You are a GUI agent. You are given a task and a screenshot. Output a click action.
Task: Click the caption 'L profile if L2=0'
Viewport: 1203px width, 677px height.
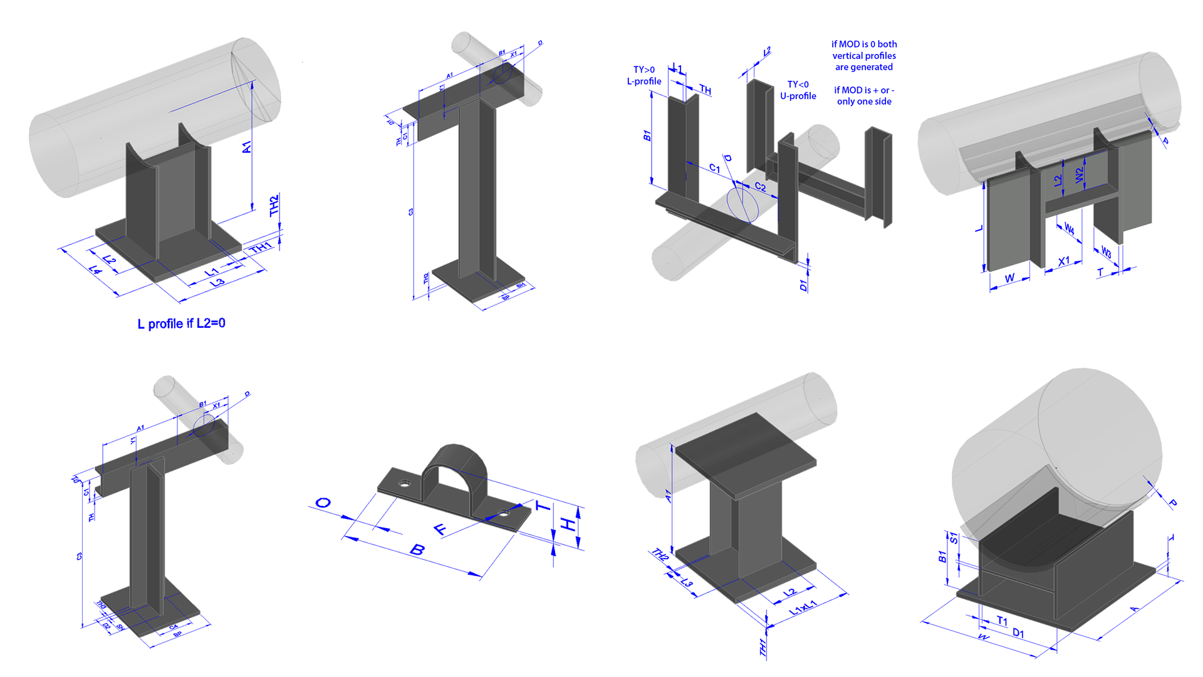181,323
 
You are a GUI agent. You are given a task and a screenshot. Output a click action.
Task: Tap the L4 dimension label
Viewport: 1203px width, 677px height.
95,270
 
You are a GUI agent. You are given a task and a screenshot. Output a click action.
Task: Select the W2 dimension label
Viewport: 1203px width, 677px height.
1079,175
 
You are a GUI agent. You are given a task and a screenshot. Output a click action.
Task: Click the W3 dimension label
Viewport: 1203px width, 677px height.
1106,252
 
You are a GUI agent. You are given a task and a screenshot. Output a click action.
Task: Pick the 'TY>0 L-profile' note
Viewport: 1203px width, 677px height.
644,75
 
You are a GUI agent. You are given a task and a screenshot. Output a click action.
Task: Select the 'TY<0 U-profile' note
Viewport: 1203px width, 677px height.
798,90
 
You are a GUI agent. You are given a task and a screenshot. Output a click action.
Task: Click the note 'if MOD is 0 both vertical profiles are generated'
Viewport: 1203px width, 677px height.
864,55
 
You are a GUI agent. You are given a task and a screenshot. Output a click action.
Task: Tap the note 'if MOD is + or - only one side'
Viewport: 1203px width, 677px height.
864,95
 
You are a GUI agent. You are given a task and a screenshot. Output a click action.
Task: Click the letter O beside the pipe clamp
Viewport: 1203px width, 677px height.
323,503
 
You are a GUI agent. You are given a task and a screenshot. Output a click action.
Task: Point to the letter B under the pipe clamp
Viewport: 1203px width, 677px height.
417,550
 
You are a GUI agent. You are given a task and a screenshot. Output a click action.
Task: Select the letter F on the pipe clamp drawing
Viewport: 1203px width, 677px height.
441,529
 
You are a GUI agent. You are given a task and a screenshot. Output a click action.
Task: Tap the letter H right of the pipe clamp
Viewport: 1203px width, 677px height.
568,524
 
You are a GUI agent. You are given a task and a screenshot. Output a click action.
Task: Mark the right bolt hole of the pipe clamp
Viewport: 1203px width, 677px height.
504,514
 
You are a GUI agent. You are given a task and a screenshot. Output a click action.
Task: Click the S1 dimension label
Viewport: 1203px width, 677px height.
954,538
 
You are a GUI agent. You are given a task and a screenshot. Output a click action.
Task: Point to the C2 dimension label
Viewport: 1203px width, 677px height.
760,187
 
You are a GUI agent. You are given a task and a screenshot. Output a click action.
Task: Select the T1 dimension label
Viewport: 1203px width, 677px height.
1002,621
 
